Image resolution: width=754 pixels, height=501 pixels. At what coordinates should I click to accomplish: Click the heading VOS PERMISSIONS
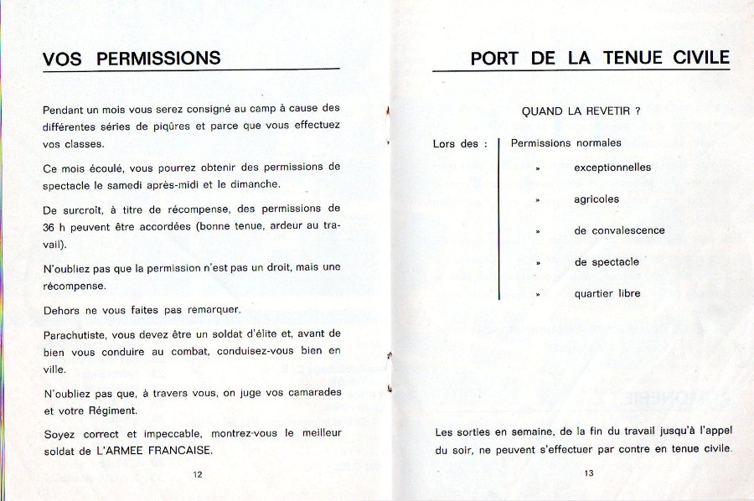pyautogui.click(x=132, y=59)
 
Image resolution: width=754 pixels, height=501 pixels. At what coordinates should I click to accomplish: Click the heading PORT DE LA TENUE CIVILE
pyautogui.click(x=600, y=59)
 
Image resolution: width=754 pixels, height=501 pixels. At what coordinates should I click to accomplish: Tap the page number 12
pyautogui.click(x=198, y=474)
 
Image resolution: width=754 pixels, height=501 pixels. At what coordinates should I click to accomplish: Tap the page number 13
pyautogui.click(x=589, y=474)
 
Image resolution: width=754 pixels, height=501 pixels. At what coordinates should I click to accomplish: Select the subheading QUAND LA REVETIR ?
pyautogui.click(x=581, y=111)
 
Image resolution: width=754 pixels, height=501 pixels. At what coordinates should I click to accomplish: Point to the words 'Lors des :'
pyautogui.click(x=460, y=144)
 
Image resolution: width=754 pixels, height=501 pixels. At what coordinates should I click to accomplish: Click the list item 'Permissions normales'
pyautogui.click(x=566, y=143)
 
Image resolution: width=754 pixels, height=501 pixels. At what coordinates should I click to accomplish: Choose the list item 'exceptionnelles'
pyautogui.click(x=612, y=168)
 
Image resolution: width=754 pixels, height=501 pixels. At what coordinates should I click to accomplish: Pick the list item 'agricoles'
pyautogui.click(x=596, y=199)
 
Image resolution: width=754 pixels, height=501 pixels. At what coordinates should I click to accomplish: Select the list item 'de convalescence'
pyautogui.click(x=619, y=230)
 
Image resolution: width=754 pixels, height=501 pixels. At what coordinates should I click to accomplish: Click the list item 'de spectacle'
pyautogui.click(x=607, y=262)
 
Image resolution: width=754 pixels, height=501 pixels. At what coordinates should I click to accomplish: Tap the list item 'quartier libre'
pyautogui.click(x=607, y=294)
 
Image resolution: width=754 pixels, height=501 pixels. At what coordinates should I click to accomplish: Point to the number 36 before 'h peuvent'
pyautogui.click(x=49, y=226)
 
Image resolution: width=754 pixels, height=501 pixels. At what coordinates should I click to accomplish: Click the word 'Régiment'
pyautogui.click(x=113, y=411)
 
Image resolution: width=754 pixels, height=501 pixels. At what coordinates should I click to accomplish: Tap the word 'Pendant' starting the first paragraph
pyautogui.click(x=63, y=109)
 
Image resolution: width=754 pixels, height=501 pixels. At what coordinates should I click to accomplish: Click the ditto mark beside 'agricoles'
pyautogui.click(x=538, y=200)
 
